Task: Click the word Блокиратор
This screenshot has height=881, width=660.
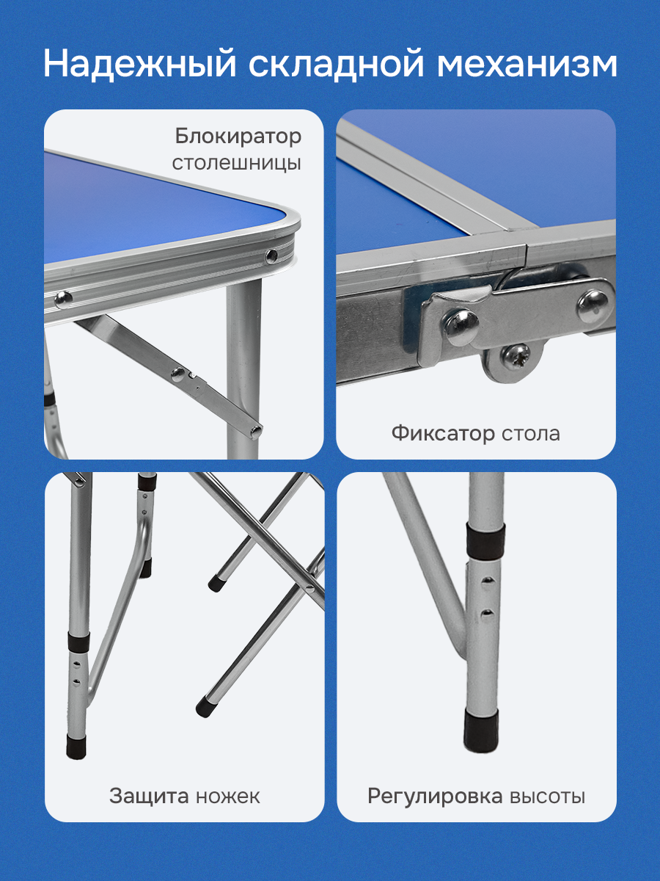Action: pos(238,137)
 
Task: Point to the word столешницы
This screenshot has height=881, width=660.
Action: pos(237,164)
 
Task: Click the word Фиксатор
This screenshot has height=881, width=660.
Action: pos(443,433)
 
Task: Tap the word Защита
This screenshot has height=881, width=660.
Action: pos(149,797)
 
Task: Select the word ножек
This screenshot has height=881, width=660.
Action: pos(227,797)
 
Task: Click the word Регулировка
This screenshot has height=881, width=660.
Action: pos(435,797)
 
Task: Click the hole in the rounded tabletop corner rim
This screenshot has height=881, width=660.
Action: pos(272,255)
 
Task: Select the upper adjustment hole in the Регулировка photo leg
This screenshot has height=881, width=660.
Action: pos(488,580)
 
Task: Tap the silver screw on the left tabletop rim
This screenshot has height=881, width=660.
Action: pos(63,298)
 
